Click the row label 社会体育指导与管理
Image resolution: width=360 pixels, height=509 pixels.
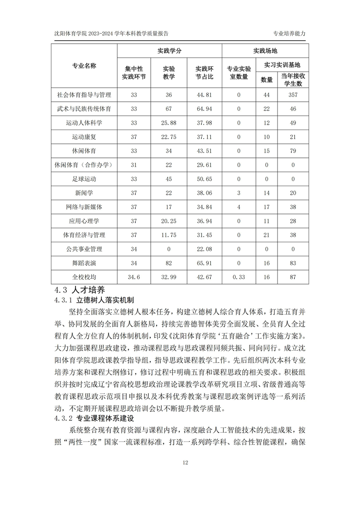coord(84,95)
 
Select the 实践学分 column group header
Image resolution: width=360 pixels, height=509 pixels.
coord(169,51)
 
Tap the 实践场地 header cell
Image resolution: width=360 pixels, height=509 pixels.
coord(265,51)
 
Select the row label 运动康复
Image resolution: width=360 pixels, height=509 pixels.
coord(84,137)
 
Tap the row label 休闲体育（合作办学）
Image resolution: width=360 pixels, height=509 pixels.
coord(84,165)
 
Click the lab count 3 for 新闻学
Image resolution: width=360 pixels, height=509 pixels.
coord(238,193)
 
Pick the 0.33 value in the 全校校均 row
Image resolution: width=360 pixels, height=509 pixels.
coord(238,277)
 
